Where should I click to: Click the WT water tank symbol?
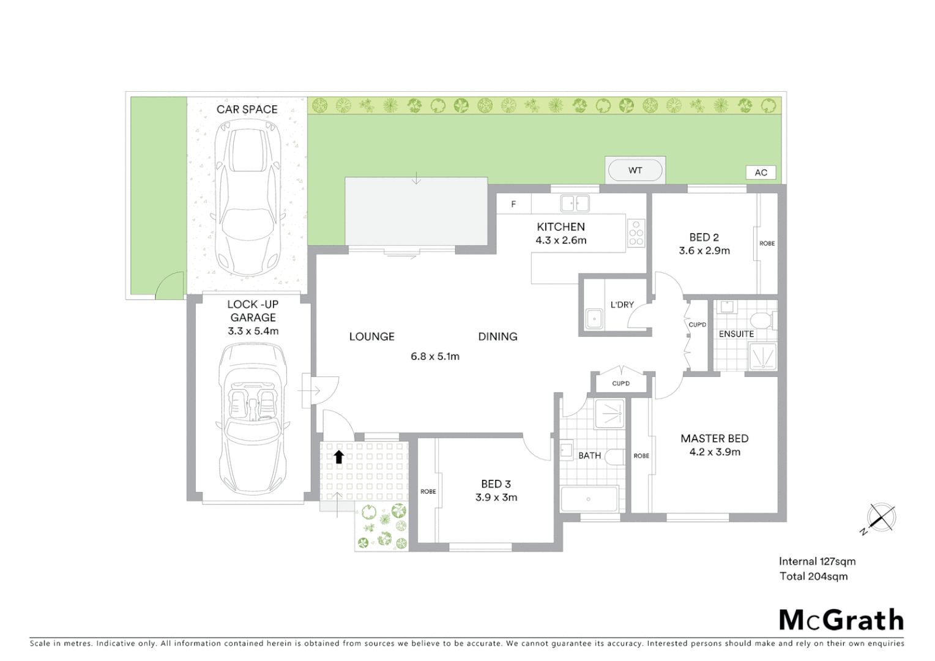click(635, 170)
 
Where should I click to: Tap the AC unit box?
click(761, 173)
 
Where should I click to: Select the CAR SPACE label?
click(247, 110)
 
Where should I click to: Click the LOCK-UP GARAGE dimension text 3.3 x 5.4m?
click(253, 331)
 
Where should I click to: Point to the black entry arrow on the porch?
click(338, 456)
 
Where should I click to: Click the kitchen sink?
click(575, 203)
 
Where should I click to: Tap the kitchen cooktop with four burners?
click(636, 233)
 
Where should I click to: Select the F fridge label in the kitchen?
click(513, 204)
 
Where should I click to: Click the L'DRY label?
click(622, 305)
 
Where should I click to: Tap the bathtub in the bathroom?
click(589, 499)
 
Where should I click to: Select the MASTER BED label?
click(714, 438)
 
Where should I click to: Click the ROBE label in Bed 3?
click(428, 491)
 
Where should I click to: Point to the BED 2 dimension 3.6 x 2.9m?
click(704, 250)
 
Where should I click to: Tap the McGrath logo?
click(841, 620)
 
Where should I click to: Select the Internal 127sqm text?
click(817, 561)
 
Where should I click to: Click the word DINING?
click(497, 337)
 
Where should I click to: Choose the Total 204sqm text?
click(813, 576)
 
